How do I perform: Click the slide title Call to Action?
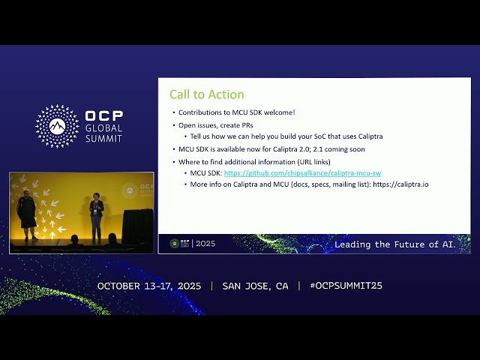(206, 94)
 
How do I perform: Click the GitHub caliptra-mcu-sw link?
(302, 173)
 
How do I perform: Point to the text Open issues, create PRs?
(211, 124)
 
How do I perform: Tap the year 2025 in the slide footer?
(205, 244)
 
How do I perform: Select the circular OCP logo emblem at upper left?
(57, 126)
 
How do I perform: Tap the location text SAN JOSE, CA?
(255, 286)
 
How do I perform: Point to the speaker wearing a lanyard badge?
(96, 216)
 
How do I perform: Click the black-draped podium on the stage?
(137, 225)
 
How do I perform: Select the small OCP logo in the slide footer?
(175, 244)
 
